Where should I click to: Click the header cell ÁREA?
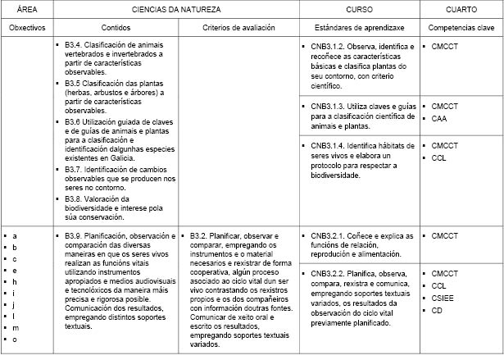click(x=19, y=10)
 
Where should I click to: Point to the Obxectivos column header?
click(x=26, y=28)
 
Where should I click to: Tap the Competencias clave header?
click(x=461, y=28)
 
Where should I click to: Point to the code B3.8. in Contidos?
click(x=75, y=199)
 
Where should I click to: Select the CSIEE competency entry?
click(x=443, y=298)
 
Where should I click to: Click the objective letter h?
click(x=15, y=281)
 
